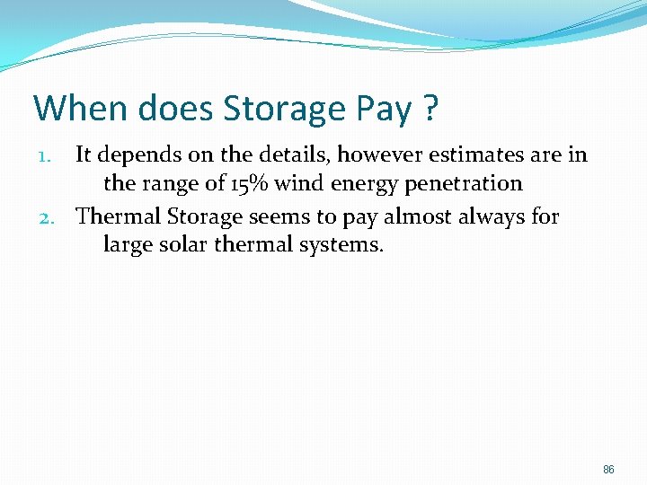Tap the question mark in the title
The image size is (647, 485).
coord(430,108)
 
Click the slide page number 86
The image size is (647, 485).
coord(608,470)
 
